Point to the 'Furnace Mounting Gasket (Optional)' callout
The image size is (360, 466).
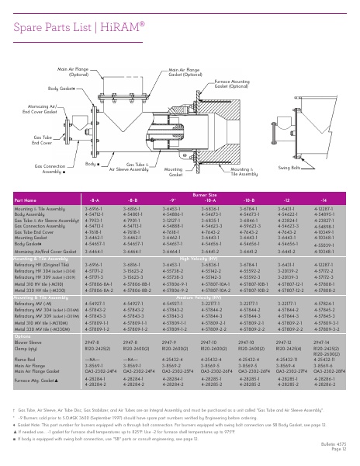(232, 84)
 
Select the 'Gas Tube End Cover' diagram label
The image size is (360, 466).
(41, 140)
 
